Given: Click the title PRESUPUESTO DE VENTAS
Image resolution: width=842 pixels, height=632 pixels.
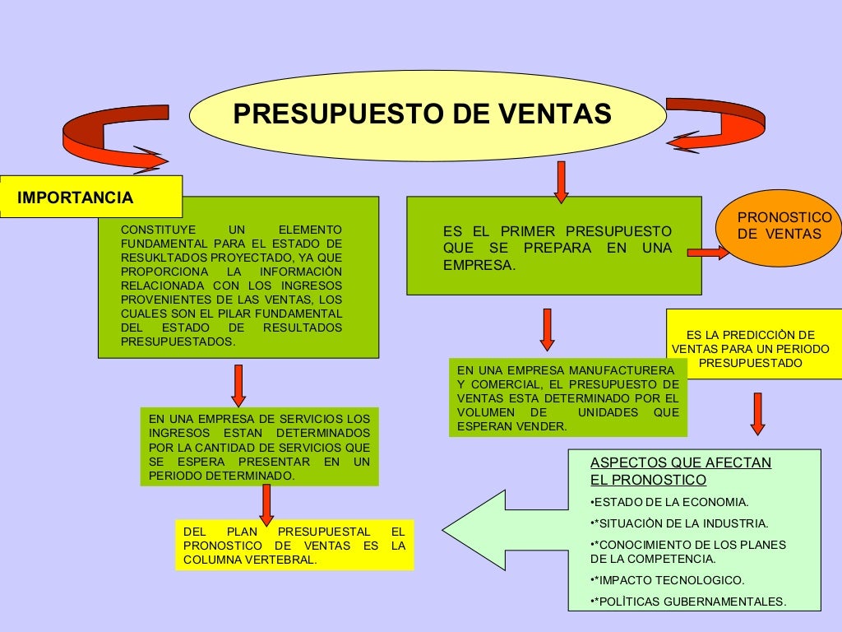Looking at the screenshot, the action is (422, 114).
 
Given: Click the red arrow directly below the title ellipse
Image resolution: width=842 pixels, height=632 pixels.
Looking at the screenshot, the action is (561, 181).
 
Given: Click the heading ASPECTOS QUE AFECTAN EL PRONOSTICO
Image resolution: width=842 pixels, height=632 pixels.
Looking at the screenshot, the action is (680, 471).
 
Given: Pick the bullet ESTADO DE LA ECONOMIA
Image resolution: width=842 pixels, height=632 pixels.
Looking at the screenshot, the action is (669, 502).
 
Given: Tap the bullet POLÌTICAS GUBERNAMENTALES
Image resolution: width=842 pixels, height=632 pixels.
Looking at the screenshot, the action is (688, 602).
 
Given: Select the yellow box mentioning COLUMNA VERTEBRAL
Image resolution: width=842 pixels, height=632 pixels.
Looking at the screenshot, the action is (294, 545).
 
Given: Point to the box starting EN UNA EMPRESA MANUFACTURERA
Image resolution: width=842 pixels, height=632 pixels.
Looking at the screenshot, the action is (567, 397).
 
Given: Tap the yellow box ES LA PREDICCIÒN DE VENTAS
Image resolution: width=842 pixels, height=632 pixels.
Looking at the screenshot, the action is (754, 344).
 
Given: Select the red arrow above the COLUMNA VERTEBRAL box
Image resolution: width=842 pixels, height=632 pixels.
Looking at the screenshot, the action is (266, 503).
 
